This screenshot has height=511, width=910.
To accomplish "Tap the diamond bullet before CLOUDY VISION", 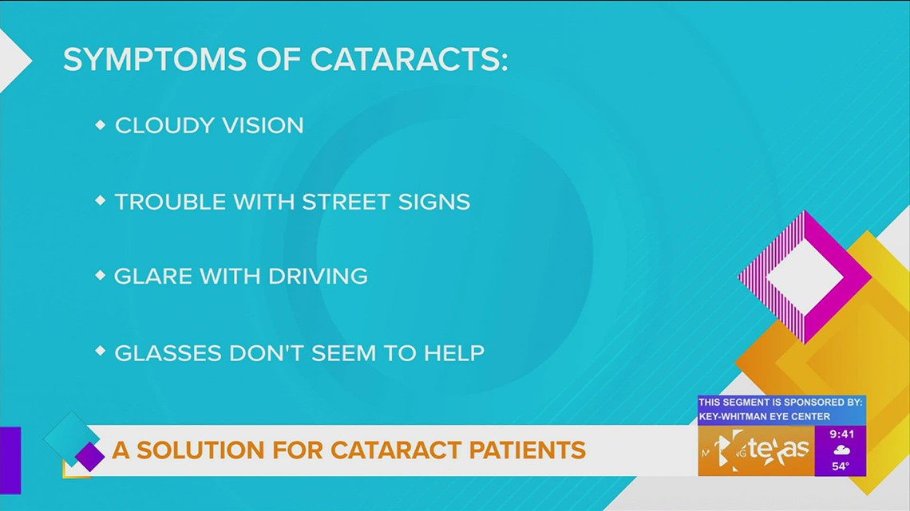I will click(100, 125).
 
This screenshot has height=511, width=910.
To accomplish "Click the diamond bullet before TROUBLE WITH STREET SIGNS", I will click(100, 201).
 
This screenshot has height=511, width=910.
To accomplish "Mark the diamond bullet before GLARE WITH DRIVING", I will click(100, 276).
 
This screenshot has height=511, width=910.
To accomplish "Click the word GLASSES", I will click(168, 352).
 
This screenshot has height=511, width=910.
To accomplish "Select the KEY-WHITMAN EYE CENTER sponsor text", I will click(764, 416).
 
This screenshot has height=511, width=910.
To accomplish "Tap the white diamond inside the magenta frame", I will click(805, 277).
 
